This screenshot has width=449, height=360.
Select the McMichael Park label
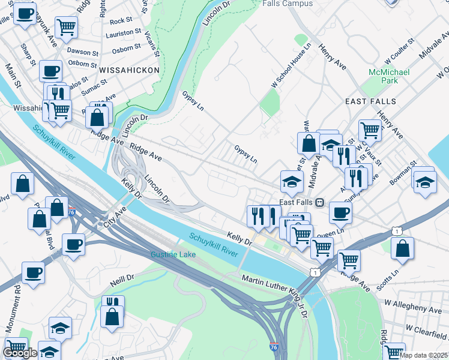point(388,76)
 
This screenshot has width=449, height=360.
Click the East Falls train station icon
point(320,202)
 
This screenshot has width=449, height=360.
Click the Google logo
point(20,353)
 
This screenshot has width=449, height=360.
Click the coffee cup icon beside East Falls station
point(340,212)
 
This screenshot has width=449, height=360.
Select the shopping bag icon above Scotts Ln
point(402,247)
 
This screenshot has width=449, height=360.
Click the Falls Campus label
point(288,4)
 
